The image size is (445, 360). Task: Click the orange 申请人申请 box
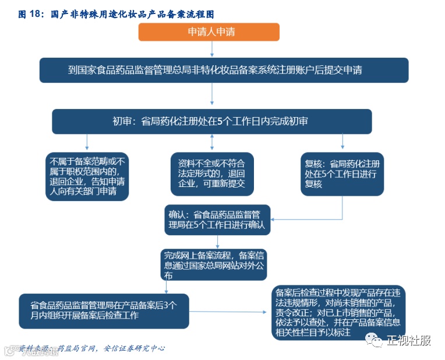pyautogui.click(x=209, y=33)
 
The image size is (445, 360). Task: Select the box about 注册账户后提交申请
pyautogui.click(x=224, y=70)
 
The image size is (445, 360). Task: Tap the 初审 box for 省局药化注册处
pyautogui.click(x=211, y=121)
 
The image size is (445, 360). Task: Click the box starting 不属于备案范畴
pyautogui.click(x=87, y=177)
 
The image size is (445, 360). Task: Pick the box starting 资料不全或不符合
pyautogui.click(x=211, y=173)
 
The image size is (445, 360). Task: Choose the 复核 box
pyautogui.click(x=342, y=173)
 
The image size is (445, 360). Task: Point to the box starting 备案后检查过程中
pyautogui.click(x=338, y=312)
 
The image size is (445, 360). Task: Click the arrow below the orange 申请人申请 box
pyautogui.click(x=209, y=49)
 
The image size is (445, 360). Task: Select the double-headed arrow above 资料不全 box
pyautogui.click(x=211, y=143)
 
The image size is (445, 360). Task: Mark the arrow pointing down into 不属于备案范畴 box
pyautogui.click(x=87, y=143)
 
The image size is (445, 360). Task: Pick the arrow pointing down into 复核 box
pyautogui.click(x=342, y=143)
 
